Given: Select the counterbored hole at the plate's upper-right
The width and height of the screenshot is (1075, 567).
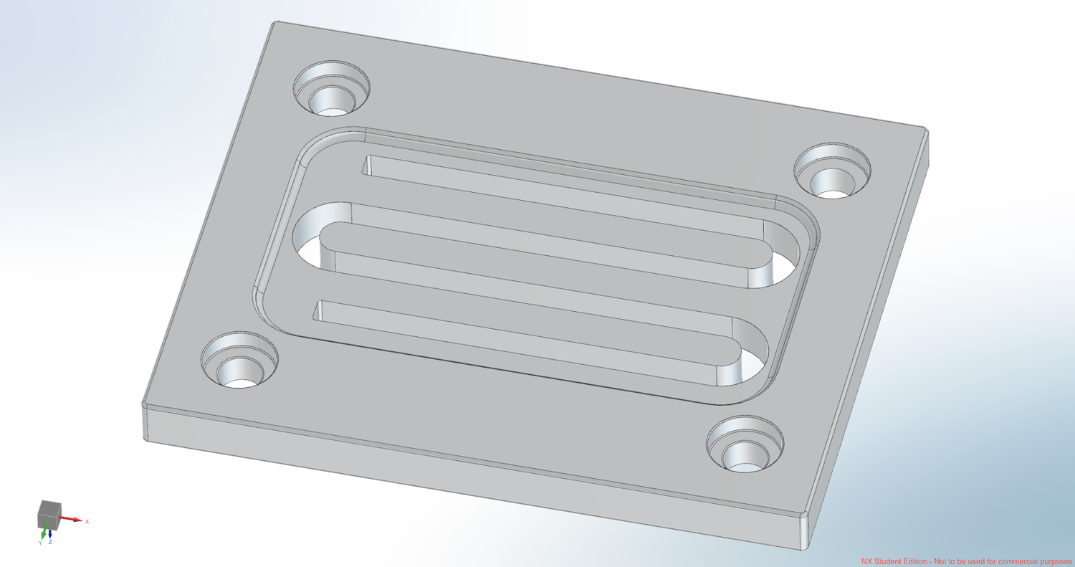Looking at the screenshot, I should pos(832,172).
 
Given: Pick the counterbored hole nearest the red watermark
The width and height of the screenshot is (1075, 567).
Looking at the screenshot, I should pos(745,446).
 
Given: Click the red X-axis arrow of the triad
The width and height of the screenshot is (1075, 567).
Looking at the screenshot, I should pos(72,518).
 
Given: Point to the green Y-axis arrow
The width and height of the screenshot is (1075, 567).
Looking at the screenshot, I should pos(44,532).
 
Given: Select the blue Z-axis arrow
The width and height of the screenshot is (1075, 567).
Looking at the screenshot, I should pos(50,533).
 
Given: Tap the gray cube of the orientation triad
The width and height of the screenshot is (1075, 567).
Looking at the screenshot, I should pos(48,512).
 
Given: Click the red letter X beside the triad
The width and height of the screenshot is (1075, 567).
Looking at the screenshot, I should pos(87,521).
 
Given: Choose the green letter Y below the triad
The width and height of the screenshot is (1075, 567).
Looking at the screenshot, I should pos(40,543).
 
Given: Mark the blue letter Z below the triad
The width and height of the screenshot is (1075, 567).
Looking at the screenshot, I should pos(50,542).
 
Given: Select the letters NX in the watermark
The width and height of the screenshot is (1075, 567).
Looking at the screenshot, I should pos(866,561).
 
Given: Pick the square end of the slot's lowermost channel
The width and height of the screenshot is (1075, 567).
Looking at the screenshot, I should pos(319,310).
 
